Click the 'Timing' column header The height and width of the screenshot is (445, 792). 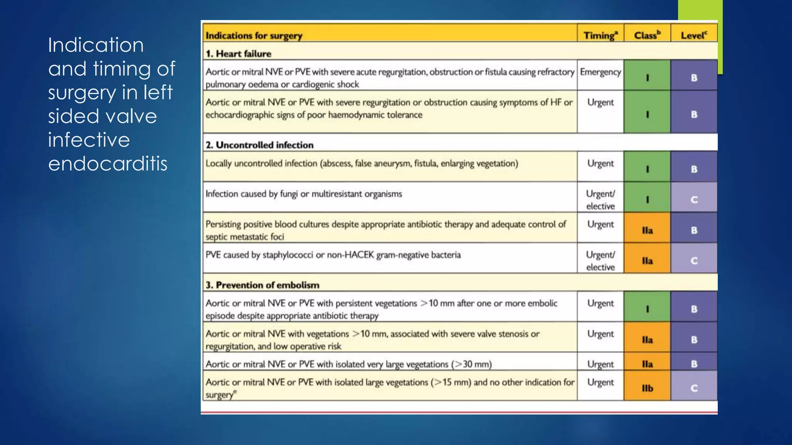[600, 35]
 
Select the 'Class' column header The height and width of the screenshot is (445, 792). [647, 35]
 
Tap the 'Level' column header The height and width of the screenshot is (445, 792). [694, 35]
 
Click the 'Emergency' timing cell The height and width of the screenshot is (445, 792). [600, 72]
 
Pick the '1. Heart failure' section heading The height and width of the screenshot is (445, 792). [238, 54]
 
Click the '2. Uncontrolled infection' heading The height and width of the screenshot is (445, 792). [259, 145]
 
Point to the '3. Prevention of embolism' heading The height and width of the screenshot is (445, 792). [262, 285]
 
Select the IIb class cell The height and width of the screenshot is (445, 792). [647, 388]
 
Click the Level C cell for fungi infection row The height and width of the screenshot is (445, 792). [694, 199]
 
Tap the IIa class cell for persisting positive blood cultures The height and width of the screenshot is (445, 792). [647, 230]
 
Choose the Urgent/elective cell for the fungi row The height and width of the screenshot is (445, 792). [600, 200]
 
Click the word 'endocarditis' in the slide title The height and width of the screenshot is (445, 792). [108, 163]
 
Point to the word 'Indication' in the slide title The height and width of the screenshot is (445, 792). [96, 45]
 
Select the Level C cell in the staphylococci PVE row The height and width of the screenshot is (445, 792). [694, 261]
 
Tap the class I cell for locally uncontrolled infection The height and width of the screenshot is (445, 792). [647, 169]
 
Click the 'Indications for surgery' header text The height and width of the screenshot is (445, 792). [254, 36]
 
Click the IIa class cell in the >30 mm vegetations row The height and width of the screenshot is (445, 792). [647, 364]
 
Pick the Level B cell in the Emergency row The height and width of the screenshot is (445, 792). [694, 78]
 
